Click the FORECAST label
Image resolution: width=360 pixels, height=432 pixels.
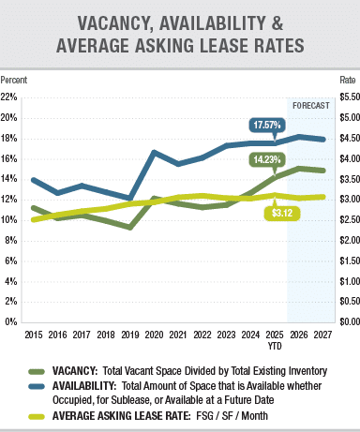pyautogui.click(x=310, y=105)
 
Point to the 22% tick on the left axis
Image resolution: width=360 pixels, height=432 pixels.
pyautogui.click(x=10, y=97)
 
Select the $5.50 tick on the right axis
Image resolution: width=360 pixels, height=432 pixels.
pyautogui.click(x=347, y=97)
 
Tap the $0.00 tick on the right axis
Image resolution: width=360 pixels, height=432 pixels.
pyautogui.click(x=347, y=321)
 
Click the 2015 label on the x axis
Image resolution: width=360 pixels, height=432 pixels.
pyautogui.click(x=33, y=334)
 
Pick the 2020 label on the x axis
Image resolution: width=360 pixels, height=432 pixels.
pyautogui.click(x=155, y=334)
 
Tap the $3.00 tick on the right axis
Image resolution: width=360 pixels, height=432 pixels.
pyautogui.click(x=347, y=199)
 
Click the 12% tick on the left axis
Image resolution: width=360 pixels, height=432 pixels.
pyautogui.click(x=10, y=199)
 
